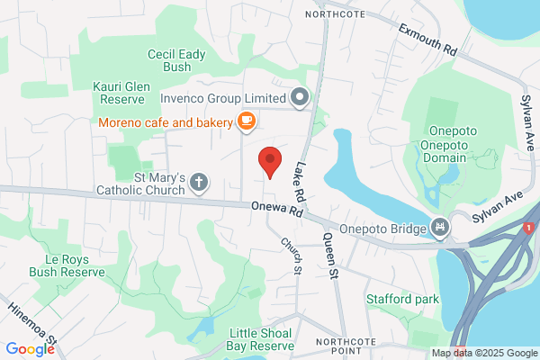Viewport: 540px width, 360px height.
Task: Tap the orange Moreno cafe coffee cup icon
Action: coord(246,121)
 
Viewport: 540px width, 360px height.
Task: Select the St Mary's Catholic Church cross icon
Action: coord(199,184)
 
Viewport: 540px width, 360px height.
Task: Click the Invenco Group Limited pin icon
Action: coord(300,96)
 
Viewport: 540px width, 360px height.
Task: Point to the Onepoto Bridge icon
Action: coord(440,228)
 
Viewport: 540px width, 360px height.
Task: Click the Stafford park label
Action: coord(402,298)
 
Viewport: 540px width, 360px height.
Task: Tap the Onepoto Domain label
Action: coord(443,150)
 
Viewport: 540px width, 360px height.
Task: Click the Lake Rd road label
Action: coord(299,180)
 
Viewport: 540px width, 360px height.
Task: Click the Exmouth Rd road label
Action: coord(428,38)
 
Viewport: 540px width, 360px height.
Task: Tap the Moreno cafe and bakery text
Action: coord(166,121)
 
